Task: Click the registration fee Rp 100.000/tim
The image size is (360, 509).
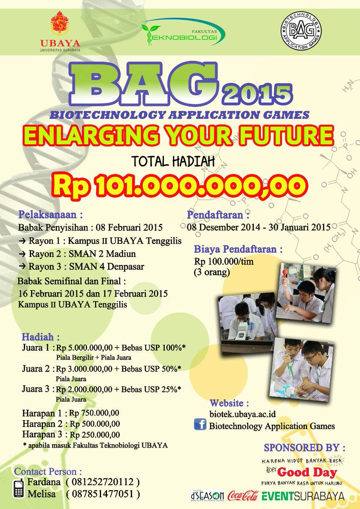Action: [x=224, y=261]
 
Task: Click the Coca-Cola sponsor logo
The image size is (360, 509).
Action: [x=243, y=496]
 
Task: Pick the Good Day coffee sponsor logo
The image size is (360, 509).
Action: [x=302, y=472]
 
